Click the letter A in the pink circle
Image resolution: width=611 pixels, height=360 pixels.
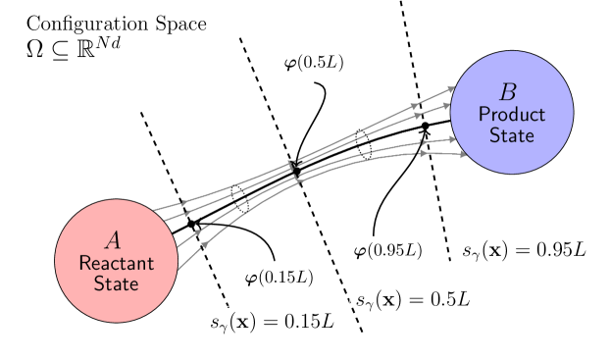(x=113, y=240)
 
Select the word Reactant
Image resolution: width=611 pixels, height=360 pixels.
(x=116, y=263)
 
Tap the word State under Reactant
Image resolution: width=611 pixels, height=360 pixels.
(x=116, y=283)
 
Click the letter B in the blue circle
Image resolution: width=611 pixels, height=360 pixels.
(x=507, y=92)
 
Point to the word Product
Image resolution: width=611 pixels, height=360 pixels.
(x=511, y=115)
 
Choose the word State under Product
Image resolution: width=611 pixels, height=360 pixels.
(x=511, y=135)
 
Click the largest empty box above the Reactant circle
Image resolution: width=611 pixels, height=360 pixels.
(x=117, y=38)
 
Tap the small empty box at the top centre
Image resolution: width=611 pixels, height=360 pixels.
(x=314, y=63)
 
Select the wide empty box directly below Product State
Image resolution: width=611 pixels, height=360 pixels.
(x=524, y=251)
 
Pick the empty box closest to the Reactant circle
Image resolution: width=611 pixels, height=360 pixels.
(x=280, y=278)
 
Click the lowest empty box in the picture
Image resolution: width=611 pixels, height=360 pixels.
(x=272, y=323)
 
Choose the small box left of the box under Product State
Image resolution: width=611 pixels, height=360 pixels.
(x=388, y=251)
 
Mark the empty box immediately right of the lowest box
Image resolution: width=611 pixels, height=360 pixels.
(x=413, y=300)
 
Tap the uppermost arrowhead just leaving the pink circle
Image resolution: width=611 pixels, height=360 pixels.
(x=183, y=202)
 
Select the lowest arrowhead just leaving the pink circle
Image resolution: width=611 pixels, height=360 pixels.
(x=204, y=244)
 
